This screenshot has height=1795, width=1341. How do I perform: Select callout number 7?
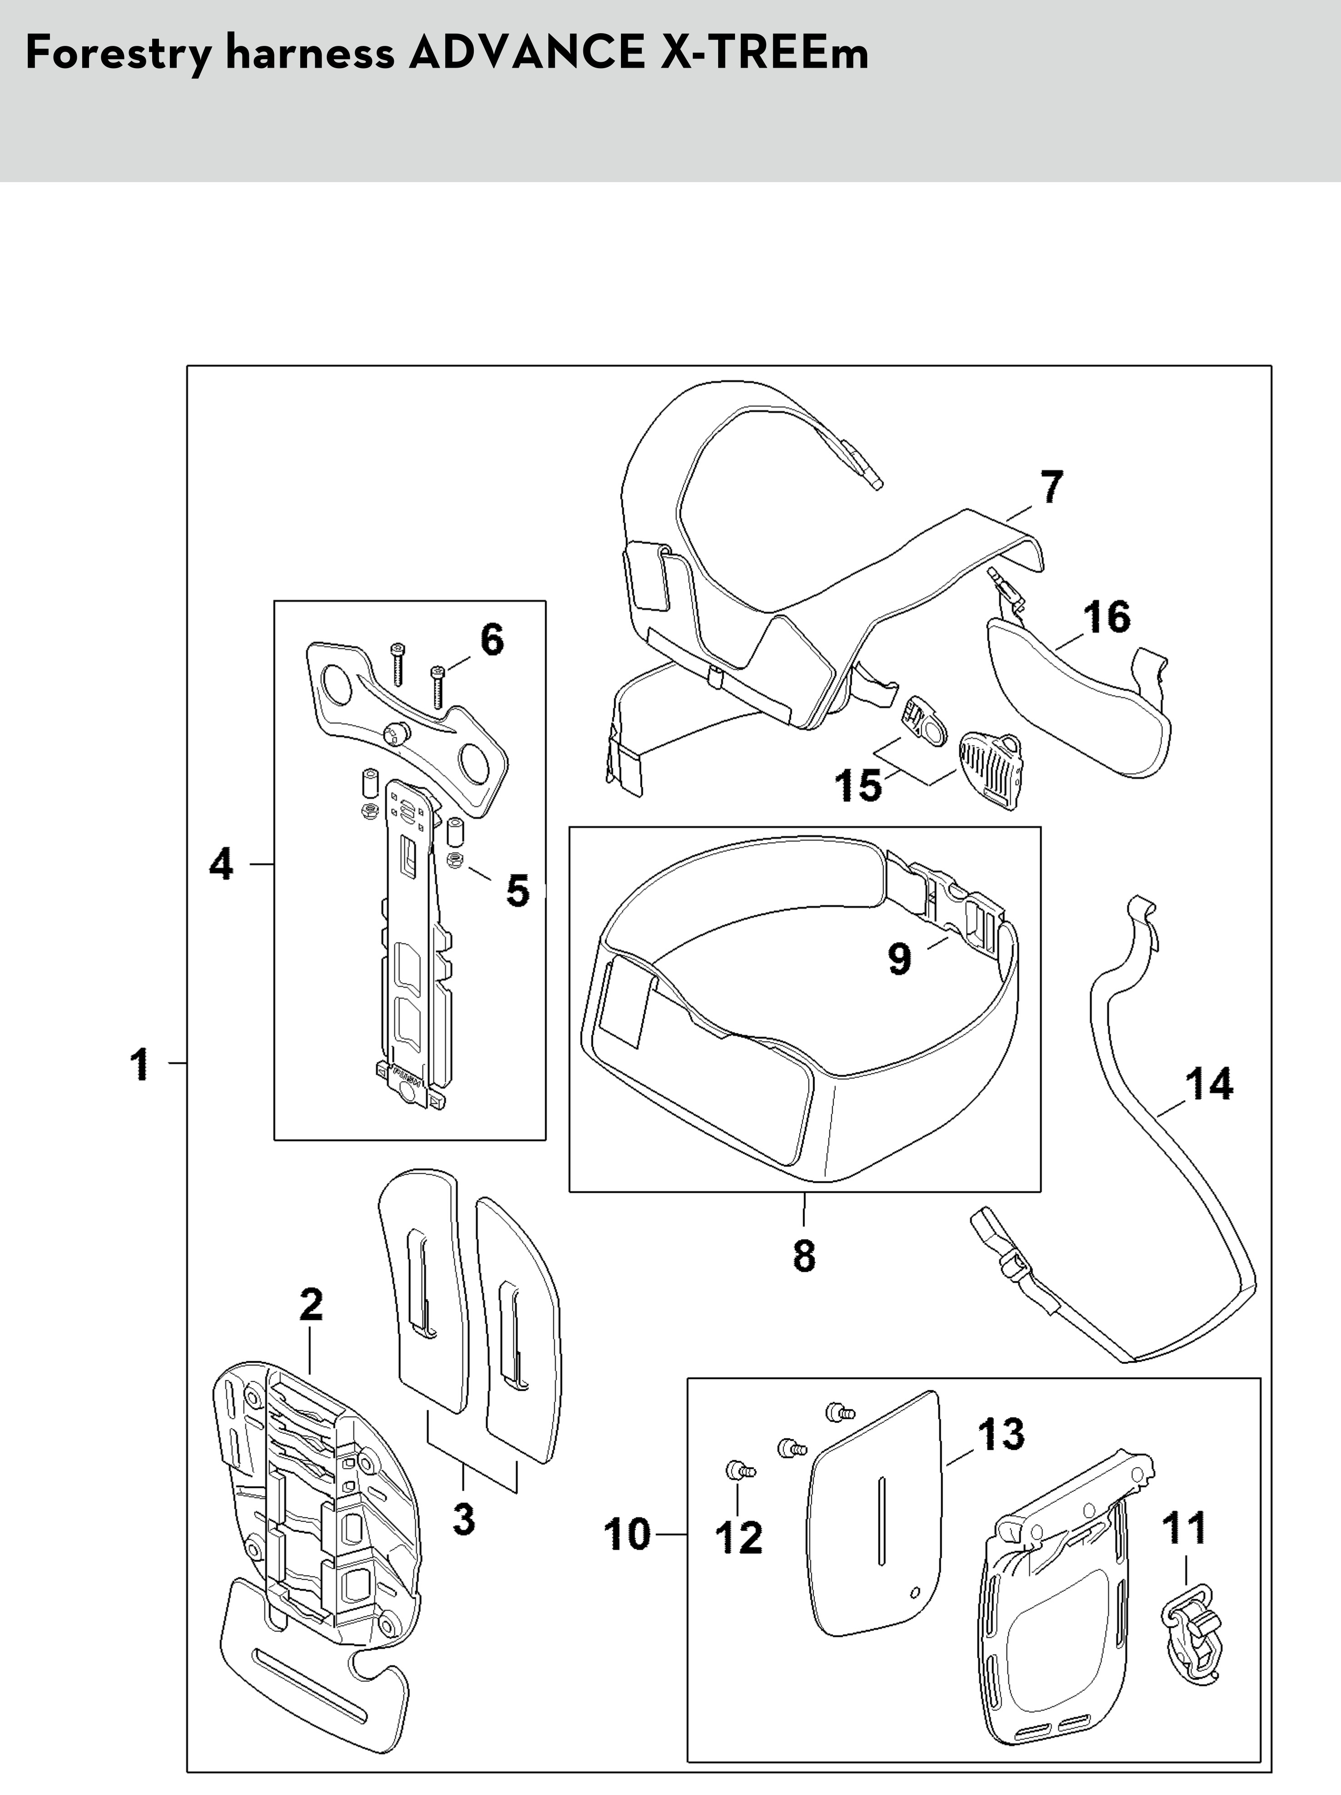click(x=1051, y=488)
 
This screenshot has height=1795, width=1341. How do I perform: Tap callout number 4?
click(x=221, y=865)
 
